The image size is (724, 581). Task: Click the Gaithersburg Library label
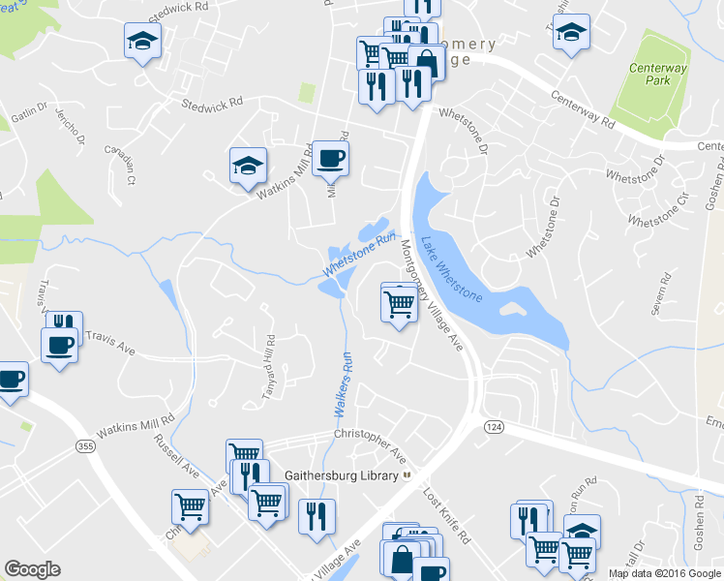pyautogui.click(x=342, y=475)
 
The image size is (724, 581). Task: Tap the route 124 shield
pyautogui.click(x=495, y=427)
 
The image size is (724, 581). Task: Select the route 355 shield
pyautogui.click(x=84, y=444)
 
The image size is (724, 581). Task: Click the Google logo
pyautogui.click(x=32, y=569)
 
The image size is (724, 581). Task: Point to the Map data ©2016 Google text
pyautogui.click(x=664, y=573)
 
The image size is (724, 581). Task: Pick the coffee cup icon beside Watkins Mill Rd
pyautogui.click(x=330, y=158)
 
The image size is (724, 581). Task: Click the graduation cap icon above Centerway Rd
pyautogui.click(x=572, y=31)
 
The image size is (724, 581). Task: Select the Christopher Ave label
pyautogui.click(x=370, y=441)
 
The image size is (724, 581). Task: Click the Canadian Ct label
pyautogui.click(x=121, y=165)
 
